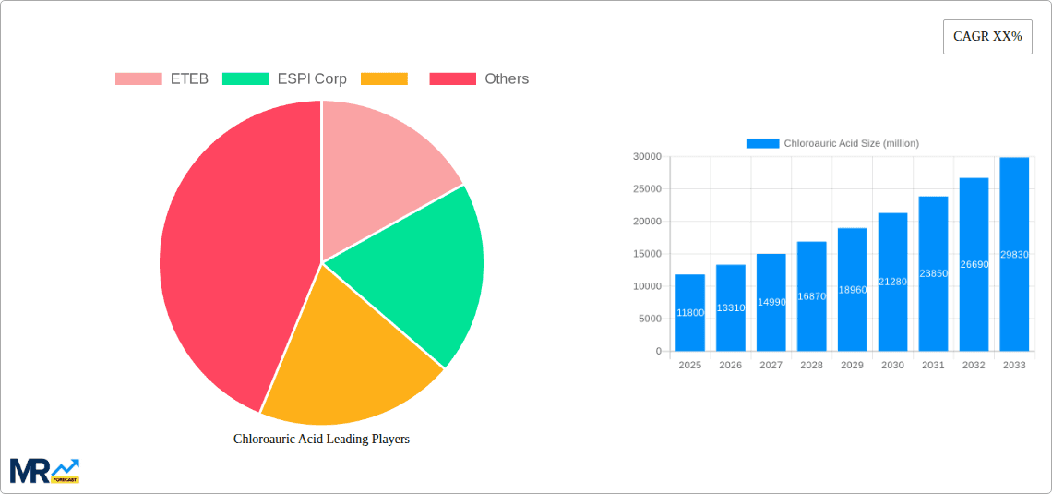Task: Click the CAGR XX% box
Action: click(x=987, y=37)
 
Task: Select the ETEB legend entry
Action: click(x=162, y=79)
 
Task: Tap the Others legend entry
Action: click(x=479, y=79)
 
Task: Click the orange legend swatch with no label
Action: click(x=384, y=79)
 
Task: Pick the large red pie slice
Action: click(x=231, y=249)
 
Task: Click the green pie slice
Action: click(x=424, y=272)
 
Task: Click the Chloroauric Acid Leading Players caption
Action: click(x=321, y=440)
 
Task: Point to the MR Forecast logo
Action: click(x=44, y=470)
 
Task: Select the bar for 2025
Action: click(x=690, y=314)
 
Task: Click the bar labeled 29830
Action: click(x=1014, y=255)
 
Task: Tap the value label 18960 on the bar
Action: click(x=852, y=290)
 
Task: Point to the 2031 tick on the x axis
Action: click(x=933, y=366)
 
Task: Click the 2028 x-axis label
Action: click(x=811, y=366)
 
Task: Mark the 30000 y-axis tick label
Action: click(x=646, y=157)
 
